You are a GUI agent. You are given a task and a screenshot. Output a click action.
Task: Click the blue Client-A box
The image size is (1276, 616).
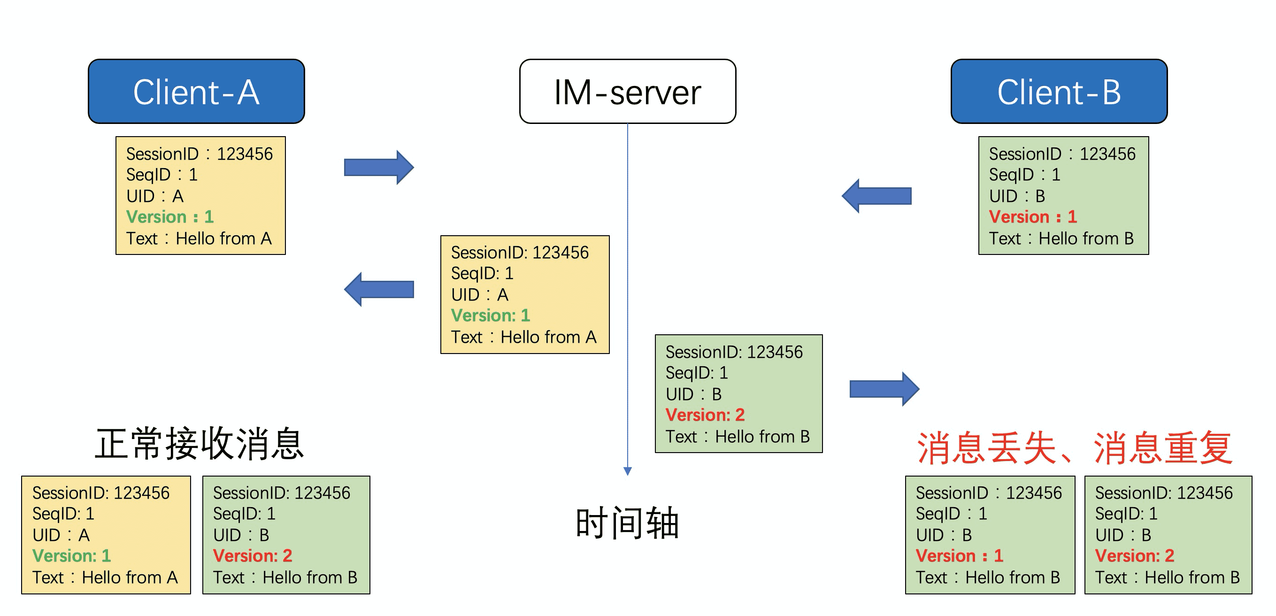coord(196,92)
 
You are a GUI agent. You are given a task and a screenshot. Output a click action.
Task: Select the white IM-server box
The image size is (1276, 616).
coord(627,92)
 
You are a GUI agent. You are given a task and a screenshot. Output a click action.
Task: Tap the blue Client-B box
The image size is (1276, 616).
coord(1059,92)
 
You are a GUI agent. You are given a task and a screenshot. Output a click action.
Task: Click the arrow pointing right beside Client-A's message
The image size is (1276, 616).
coord(379,168)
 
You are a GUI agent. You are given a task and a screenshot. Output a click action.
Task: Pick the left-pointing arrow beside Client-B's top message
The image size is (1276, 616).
coord(876,196)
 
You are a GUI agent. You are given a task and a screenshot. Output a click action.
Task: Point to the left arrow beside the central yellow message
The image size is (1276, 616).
coord(379,289)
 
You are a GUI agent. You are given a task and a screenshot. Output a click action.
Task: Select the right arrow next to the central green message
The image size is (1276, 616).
coord(884,389)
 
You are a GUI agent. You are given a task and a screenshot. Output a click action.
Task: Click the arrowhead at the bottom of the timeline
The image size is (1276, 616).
coord(628,471)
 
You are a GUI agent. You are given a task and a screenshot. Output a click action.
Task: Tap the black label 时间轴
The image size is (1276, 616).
coord(627,523)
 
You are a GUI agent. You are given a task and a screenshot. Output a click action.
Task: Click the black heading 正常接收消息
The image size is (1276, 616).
coord(199,444)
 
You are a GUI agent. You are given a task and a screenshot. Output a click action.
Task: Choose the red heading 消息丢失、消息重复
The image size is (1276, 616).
coord(1074,447)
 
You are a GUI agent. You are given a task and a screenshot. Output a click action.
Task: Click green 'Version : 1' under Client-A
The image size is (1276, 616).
coord(170,217)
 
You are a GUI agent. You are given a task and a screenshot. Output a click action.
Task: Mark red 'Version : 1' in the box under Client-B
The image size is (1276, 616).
coord(1033,217)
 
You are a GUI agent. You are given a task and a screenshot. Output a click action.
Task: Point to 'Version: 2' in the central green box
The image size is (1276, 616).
coord(705,415)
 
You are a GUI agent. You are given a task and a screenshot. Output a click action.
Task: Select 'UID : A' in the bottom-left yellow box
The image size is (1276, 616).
coord(61,535)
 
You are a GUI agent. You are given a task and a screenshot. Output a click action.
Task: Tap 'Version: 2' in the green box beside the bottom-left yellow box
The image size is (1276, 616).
coord(253,555)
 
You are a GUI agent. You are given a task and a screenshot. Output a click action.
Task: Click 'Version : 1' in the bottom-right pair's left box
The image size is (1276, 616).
coord(960,555)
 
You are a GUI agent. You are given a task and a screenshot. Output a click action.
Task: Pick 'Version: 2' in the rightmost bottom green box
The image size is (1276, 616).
coord(1134,555)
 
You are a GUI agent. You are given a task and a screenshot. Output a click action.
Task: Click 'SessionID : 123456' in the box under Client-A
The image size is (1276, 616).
coord(199,154)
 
